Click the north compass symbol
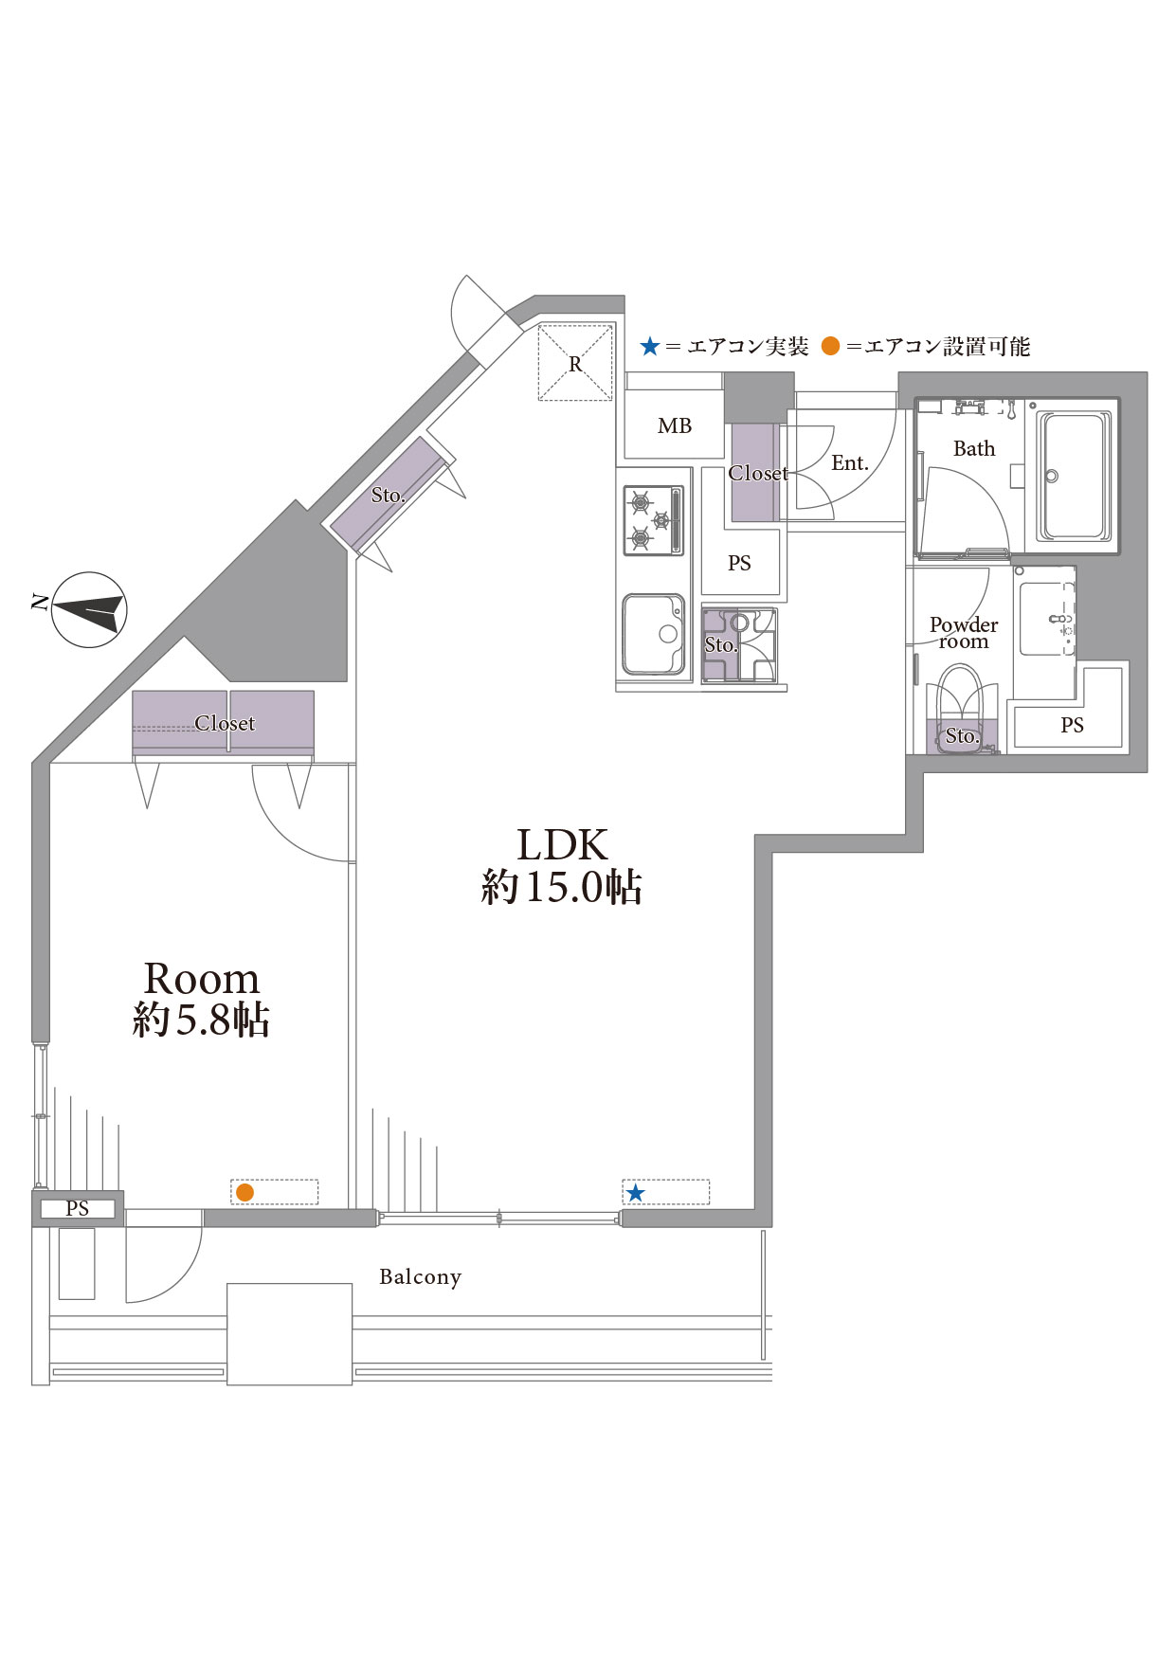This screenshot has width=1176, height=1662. pyautogui.click(x=89, y=609)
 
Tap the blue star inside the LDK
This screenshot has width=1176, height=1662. pyautogui.click(x=635, y=1193)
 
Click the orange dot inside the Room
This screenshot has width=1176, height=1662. pyautogui.click(x=244, y=1192)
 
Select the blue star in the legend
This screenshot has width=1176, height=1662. pyautogui.click(x=649, y=347)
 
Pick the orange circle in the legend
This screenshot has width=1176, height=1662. pyautogui.click(x=830, y=347)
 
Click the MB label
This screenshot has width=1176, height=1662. pyautogui.click(x=675, y=426)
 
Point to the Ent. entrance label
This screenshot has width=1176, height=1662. pyautogui.click(x=850, y=463)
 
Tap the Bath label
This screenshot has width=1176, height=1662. pyautogui.click(x=974, y=449)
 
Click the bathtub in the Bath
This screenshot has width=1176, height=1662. pyautogui.click(x=1073, y=476)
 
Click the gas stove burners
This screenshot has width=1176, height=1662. pyautogui.click(x=652, y=520)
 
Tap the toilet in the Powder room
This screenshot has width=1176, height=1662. pyautogui.click(x=960, y=706)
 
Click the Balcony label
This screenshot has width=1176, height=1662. pyautogui.click(x=420, y=1277)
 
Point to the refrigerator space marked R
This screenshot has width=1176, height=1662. pyautogui.click(x=575, y=364)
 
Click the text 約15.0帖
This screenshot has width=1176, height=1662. pyautogui.click(x=561, y=887)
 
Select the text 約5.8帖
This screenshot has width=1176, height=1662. pyautogui.click(x=201, y=1021)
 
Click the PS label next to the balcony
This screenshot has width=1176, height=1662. pyautogui.click(x=78, y=1209)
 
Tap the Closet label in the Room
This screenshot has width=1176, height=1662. pyautogui.click(x=225, y=724)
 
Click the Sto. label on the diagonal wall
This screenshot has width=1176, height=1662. pyautogui.click(x=388, y=496)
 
